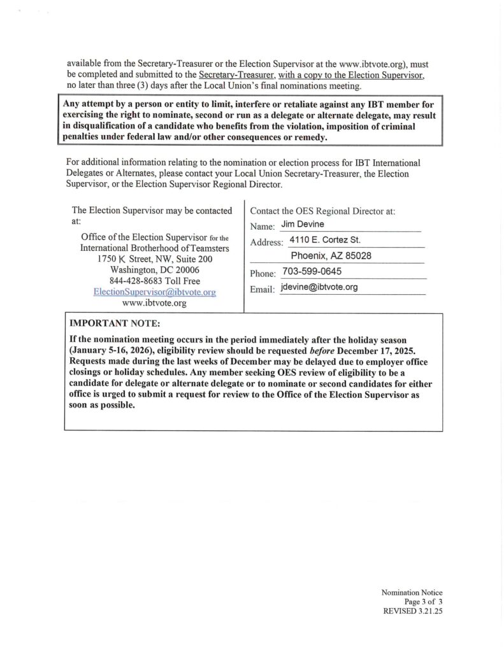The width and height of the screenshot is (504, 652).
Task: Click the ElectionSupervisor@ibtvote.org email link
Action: [155, 292]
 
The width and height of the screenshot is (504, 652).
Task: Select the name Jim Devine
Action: [303, 224]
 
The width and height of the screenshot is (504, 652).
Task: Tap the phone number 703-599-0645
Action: [312, 271]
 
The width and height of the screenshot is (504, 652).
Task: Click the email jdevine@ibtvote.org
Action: [319, 287]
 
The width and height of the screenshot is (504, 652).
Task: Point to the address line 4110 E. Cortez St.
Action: [325, 240]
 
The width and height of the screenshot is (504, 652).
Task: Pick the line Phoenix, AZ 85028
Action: [331, 256]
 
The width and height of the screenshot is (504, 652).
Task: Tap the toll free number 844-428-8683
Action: [154, 281]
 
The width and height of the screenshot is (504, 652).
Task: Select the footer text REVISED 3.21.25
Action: [412, 610]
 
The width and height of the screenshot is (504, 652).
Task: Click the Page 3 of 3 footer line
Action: [423, 601]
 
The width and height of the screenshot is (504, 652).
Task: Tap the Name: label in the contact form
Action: [263, 226]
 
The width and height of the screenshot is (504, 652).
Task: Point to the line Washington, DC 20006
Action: [154, 270]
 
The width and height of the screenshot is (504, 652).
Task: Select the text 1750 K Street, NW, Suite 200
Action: [154, 259]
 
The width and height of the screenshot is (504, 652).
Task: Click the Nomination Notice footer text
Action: [412, 593]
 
